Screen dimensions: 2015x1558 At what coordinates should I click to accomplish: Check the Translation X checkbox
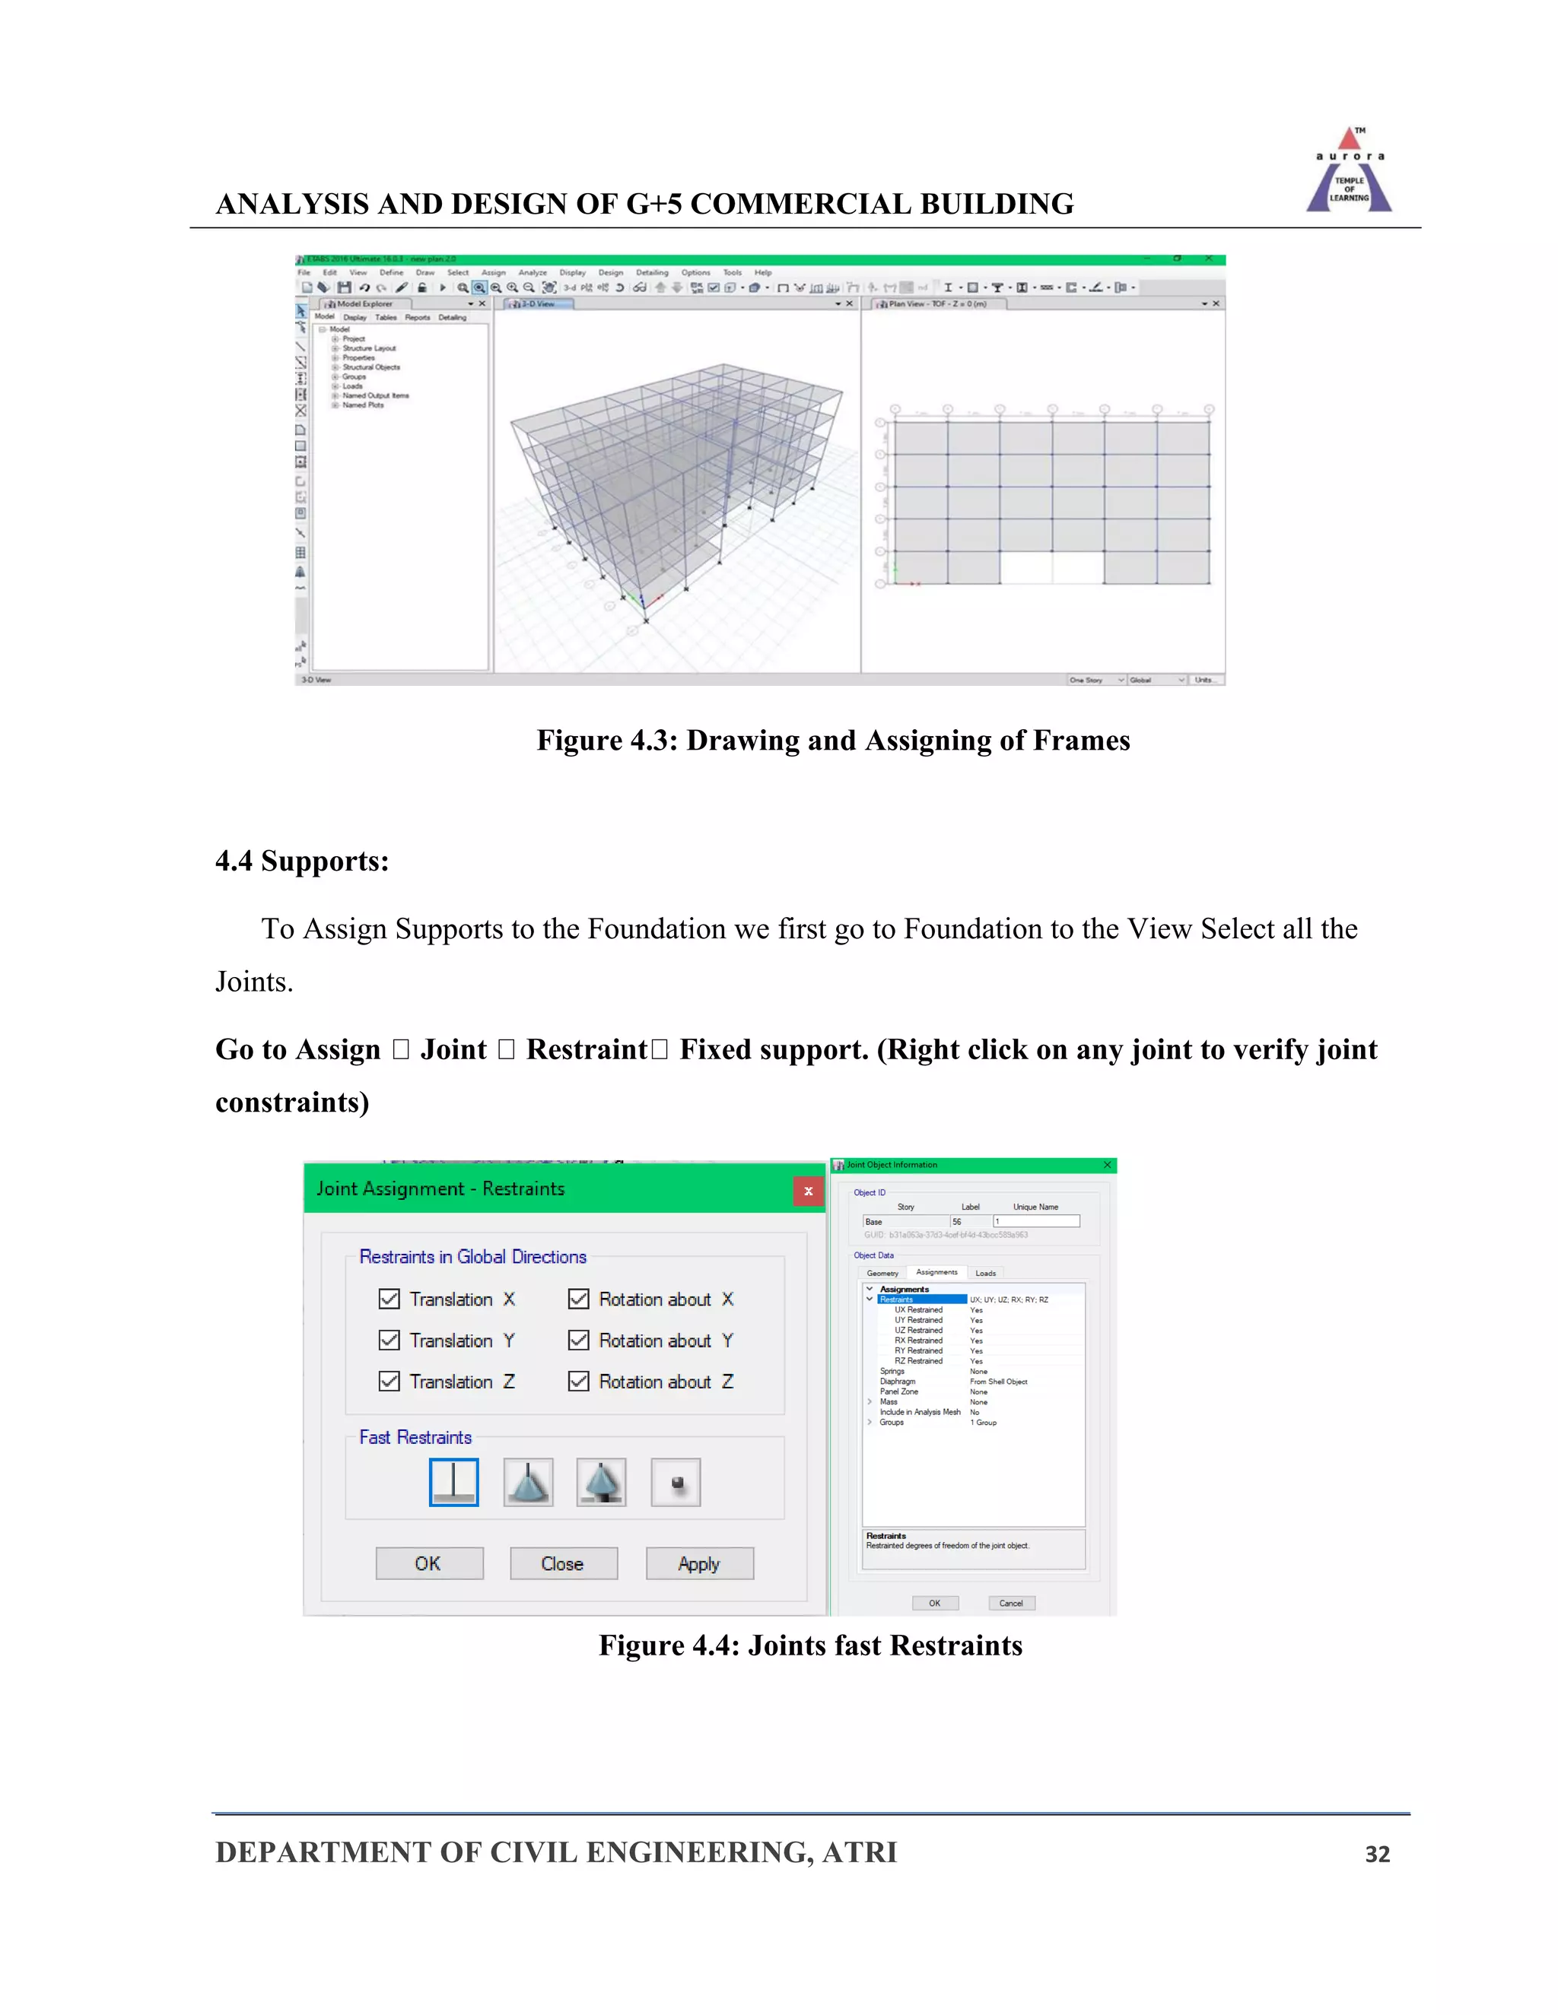pos(389,1299)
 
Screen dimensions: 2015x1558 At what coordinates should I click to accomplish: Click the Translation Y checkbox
pos(389,1340)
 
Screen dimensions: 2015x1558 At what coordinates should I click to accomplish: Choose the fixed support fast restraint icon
pos(454,1482)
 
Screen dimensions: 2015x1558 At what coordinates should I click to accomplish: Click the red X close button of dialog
pos(808,1191)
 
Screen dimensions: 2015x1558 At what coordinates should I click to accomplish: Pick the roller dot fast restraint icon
pos(676,1482)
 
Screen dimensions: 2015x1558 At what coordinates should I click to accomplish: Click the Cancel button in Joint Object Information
pos(1011,1603)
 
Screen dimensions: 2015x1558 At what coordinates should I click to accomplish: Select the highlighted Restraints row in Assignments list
pos(921,1299)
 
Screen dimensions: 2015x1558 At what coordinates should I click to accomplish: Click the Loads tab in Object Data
pos(986,1273)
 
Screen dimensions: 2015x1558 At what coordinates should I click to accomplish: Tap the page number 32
pos(1377,1854)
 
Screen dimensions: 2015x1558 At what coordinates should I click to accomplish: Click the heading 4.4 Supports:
pos(302,861)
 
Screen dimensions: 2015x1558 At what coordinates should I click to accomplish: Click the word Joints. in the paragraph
pos(254,982)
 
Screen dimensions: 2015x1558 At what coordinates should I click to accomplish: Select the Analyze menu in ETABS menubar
pos(533,273)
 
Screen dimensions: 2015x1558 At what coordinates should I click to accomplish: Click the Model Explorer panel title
pos(364,303)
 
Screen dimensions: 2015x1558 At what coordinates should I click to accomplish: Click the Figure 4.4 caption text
pos(810,1645)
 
